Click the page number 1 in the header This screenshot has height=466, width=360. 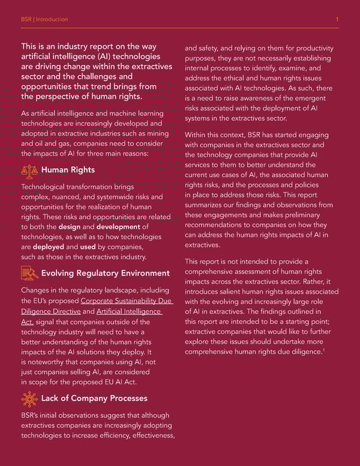(x=337, y=19)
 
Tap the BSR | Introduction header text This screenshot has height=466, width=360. (x=44, y=19)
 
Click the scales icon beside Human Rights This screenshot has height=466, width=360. (x=29, y=171)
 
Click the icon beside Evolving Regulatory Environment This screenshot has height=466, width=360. (x=29, y=274)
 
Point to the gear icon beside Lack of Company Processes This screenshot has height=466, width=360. (x=29, y=399)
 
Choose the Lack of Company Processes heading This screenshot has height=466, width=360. (x=94, y=399)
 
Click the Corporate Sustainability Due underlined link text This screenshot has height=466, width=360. (x=125, y=301)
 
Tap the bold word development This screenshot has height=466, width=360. (x=118, y=226)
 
